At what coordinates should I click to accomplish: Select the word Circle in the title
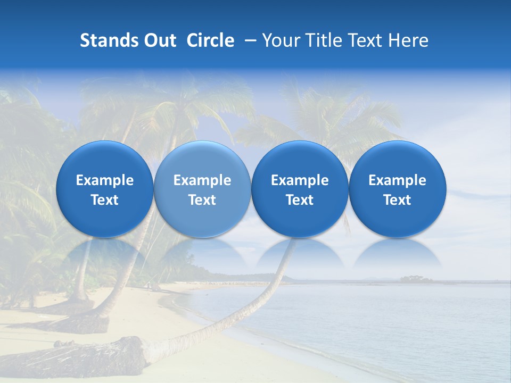point(210,40)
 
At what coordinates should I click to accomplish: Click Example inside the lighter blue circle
point(202,180)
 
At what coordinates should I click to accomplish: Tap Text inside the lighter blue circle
point(202,200)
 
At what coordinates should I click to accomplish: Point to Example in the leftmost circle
point(104,180)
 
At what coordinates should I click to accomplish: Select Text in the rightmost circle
point(397,200)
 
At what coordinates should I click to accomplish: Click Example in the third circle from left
point(300,180)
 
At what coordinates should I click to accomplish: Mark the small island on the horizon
point(416,278)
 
